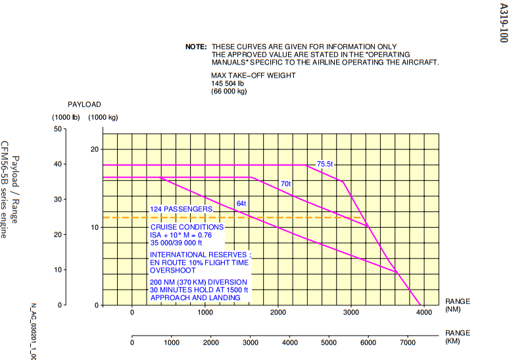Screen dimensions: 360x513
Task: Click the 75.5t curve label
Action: click(x=325, y=164)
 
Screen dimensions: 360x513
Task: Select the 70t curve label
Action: click(x=285, y=184)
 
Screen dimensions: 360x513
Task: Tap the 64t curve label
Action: click(x=241, y=203)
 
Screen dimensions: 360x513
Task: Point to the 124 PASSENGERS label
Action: click(x=181, y=209)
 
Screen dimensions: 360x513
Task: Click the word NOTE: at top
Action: click(x=196, y=47)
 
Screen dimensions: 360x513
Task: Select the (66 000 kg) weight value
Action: click(x=229, y=91)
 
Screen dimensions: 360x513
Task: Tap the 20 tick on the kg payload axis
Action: click(x=95, y=149)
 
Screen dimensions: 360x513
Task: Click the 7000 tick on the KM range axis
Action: click(x=408, y=343)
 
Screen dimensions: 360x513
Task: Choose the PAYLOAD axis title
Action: click(x=85, y=105)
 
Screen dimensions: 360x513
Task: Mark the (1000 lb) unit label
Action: click(x=66, y=117)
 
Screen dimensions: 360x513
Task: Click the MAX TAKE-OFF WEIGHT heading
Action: click(x=253, y=76)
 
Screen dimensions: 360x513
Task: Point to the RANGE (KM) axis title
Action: click(x=458, y=337)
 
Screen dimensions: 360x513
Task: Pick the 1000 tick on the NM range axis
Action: click(x=205, y=313)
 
